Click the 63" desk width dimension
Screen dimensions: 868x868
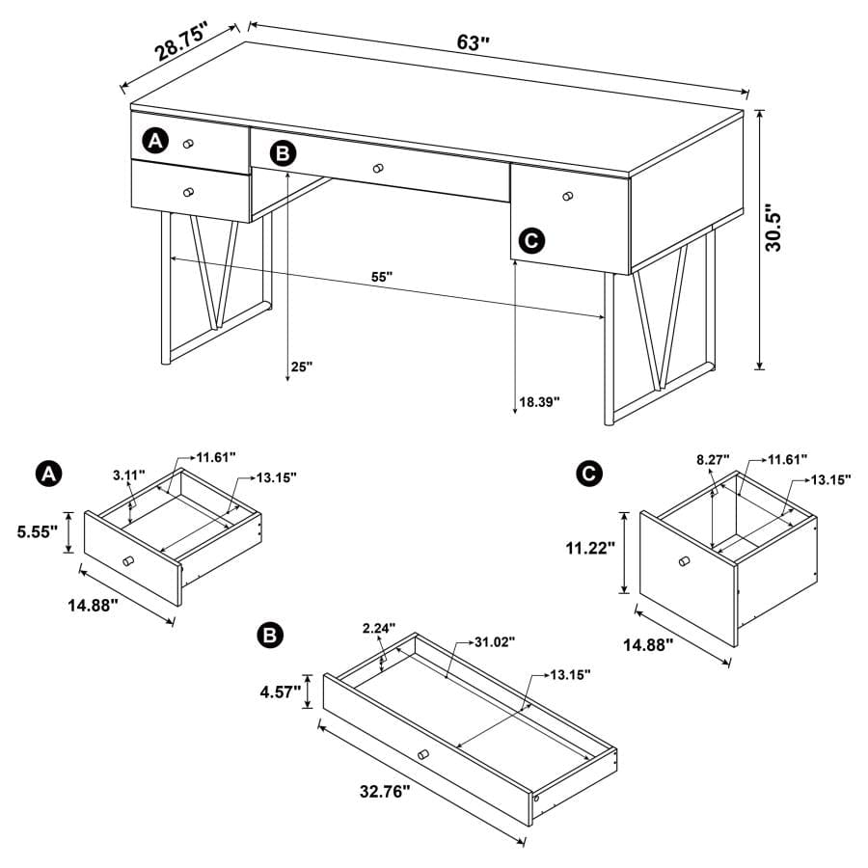pyautogui.click(x=473, y=42)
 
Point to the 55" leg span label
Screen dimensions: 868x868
pyautogui.click(x=383, y=277)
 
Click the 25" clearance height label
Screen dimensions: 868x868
pyautogui.click(x=302, y=366)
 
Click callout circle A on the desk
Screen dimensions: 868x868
pyautogui.click(x=155, y=142)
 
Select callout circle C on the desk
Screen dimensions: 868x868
pyautogui.click(x=531, y=240)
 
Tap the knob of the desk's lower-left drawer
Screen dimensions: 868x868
pyautogui.click(x=189, y=191)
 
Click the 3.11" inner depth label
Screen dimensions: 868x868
pyautogui.click(x=128, y=475)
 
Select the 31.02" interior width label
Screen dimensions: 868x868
pyautogui.click(x=495, y=641)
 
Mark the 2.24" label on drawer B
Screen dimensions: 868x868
pyautogui.click(x=379, y=629)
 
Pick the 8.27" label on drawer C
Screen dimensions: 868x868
pyautogui.click(x=714, y=460)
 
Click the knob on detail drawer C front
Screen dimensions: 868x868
pyautogui.click(x=684, y=561)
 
